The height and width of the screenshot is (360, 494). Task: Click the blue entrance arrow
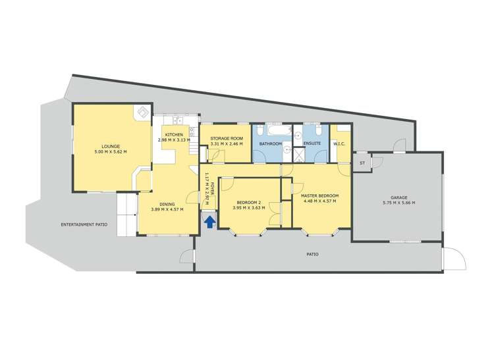(209, 221)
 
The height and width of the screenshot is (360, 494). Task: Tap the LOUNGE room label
(110, 146)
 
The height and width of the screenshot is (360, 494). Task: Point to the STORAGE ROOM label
(227, 138)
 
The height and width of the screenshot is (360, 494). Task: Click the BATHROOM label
(270, 143)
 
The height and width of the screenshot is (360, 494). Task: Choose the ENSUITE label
(312, 143)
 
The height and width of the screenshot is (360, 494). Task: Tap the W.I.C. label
(340, 143)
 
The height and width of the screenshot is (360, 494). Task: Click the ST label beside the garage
(362, 163)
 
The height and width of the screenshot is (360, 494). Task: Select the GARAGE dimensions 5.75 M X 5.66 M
(397, 203)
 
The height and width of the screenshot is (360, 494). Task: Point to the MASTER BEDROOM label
(319, 195)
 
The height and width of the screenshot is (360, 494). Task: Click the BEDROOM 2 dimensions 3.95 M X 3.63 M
(249, 208)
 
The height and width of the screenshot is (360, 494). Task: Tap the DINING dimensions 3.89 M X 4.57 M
(167, 209)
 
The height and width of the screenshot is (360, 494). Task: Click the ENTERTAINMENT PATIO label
(84, 225)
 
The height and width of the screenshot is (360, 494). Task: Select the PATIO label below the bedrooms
(313, 253)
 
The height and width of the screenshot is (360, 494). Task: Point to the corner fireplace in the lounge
(142, 113)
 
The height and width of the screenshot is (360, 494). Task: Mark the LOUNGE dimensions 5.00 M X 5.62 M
(110, 152)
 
